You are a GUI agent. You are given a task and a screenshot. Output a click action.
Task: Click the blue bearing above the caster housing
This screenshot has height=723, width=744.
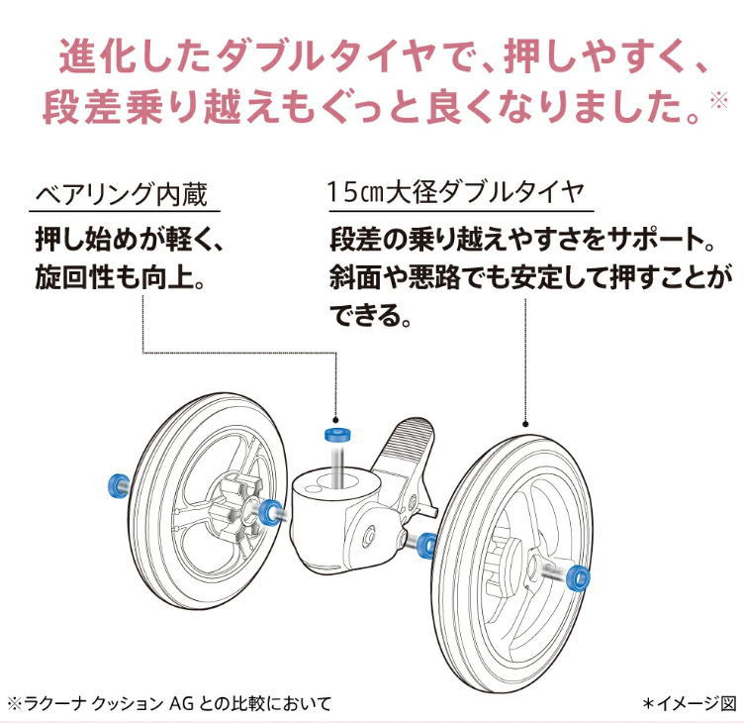point(337,434)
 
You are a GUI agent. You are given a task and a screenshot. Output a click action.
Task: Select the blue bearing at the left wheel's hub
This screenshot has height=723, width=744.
point(270,513)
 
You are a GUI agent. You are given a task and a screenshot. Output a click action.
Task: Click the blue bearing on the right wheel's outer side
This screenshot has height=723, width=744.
point(579,577)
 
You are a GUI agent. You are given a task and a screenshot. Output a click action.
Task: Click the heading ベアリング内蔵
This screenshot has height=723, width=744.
point(122,194)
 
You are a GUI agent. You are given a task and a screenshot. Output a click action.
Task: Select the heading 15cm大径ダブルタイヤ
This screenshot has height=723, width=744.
point(455,193)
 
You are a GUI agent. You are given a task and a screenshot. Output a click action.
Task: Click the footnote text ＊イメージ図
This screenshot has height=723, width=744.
point(689,703)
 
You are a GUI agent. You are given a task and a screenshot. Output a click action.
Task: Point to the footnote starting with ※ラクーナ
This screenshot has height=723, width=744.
point(169,703)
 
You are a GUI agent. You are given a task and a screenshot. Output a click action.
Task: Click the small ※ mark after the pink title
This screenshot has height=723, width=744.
point(719,100)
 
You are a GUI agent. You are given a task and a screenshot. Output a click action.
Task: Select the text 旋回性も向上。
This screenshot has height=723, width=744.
point(121,277)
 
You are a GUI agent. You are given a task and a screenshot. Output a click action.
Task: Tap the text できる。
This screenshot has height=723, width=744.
point(371,315)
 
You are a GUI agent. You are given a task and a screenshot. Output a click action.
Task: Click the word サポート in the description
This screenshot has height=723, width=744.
point(654,240)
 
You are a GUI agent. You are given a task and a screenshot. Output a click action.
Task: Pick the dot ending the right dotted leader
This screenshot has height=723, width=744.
point(525,424)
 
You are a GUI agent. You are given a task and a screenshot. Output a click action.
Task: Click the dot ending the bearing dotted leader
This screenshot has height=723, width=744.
point(335,420)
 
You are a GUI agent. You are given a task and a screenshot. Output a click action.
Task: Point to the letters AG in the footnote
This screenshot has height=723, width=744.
point(181,703)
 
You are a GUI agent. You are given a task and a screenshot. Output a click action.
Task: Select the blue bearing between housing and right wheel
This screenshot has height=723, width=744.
point(428,546)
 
